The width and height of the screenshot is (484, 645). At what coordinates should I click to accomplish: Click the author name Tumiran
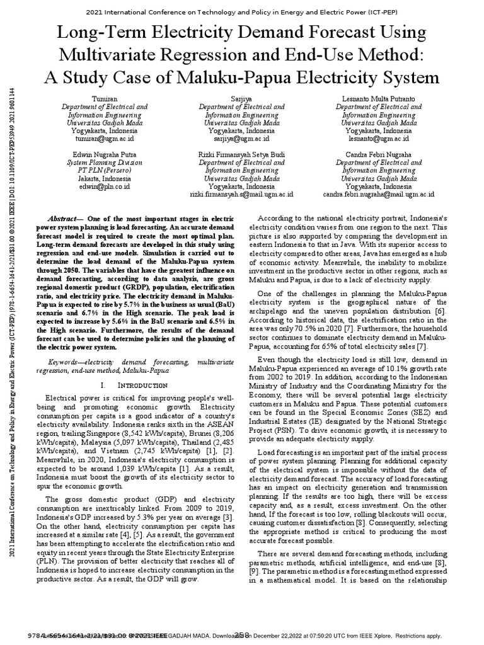pos(104,99)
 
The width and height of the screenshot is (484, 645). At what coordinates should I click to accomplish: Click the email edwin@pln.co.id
pos(104,186)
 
